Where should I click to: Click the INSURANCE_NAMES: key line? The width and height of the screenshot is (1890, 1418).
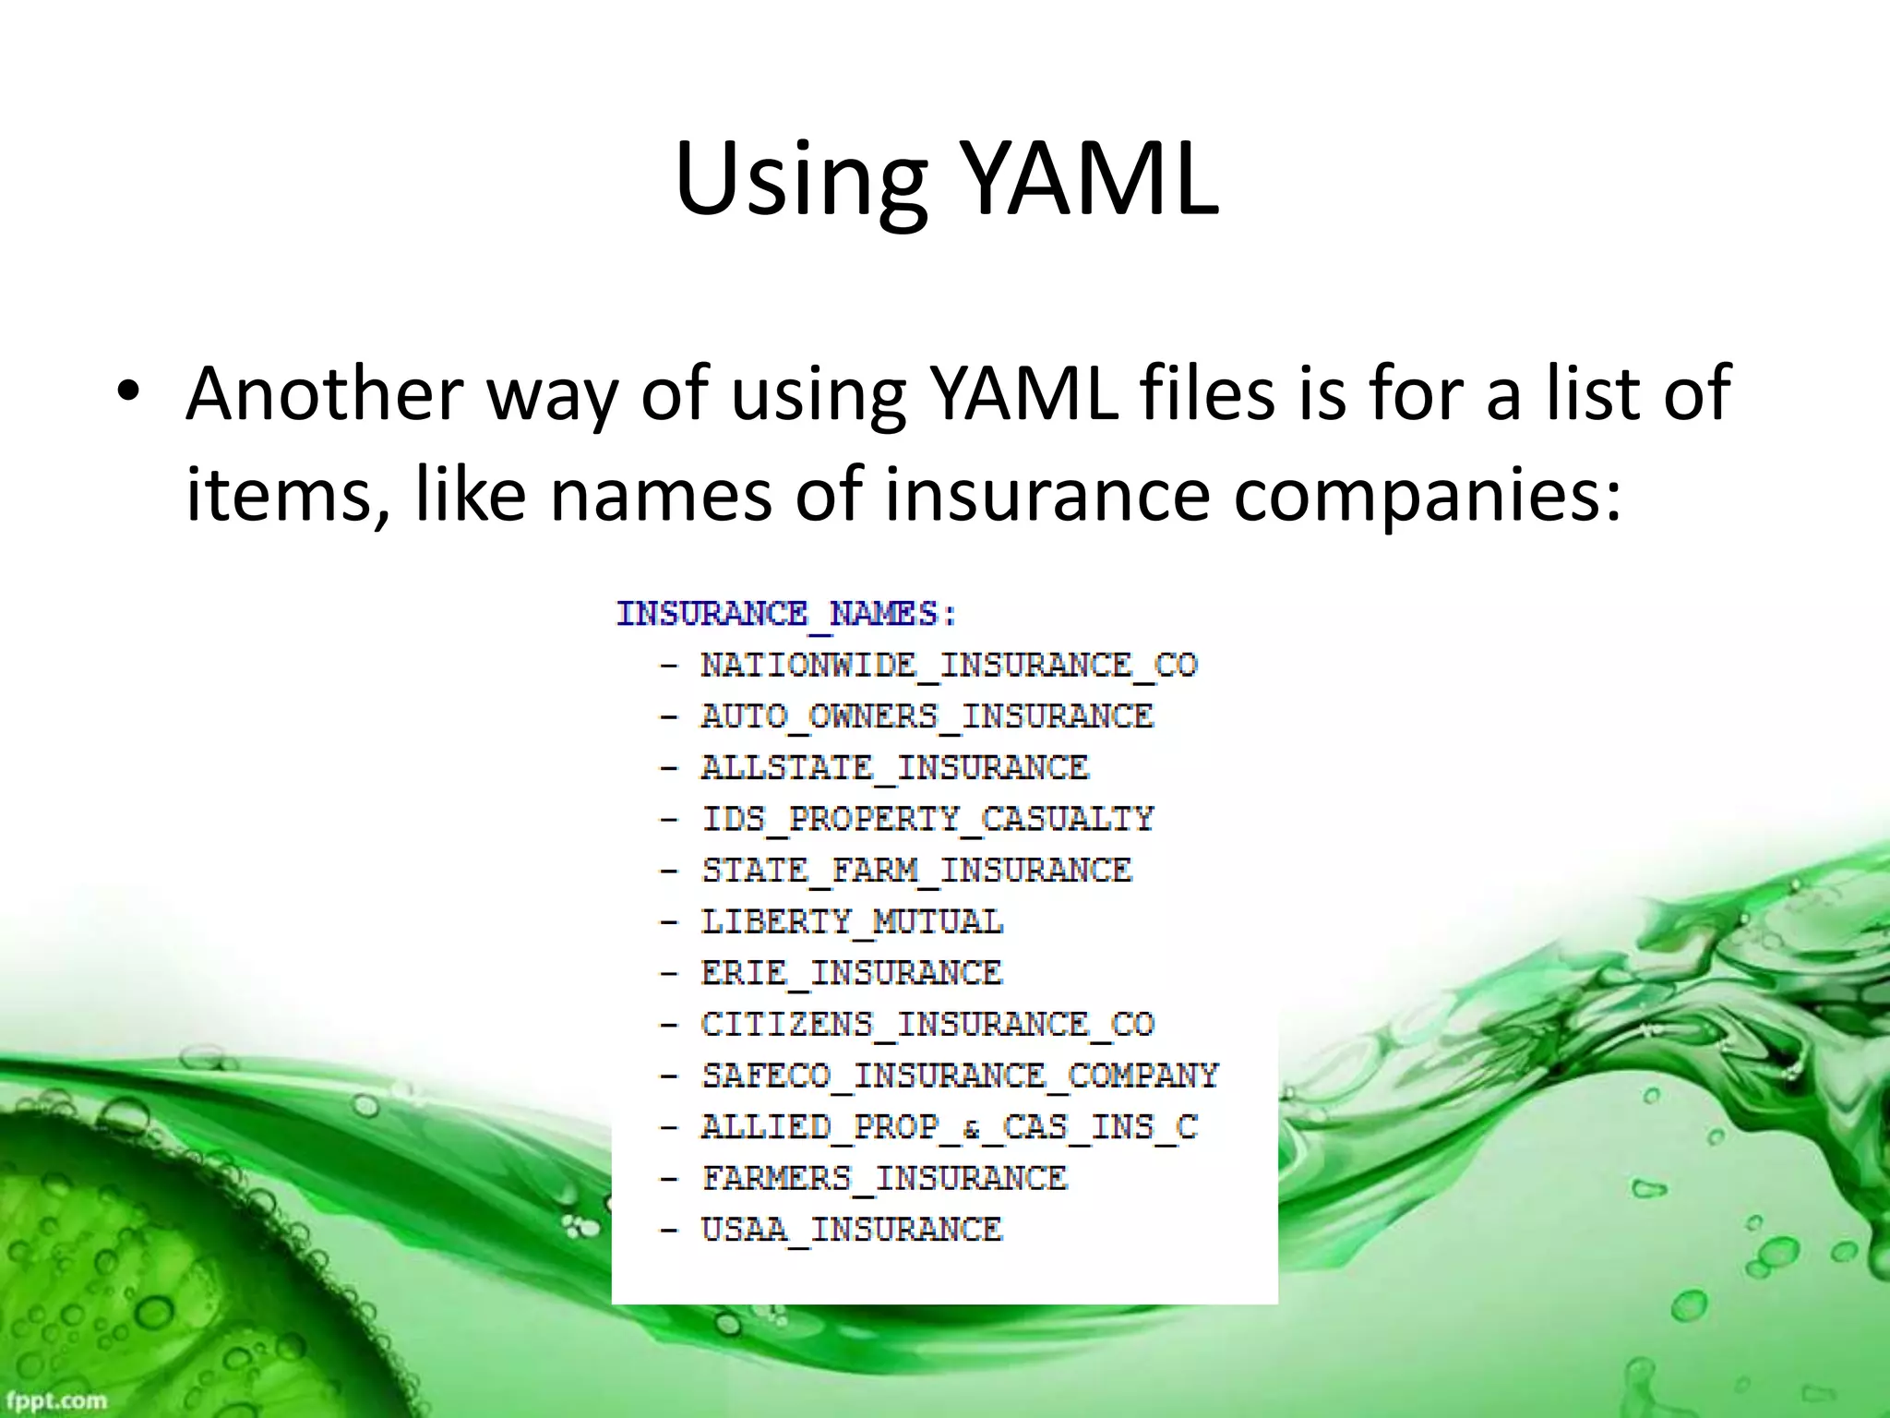point(787,614)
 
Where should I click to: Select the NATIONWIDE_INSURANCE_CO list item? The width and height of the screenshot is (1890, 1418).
point(949,666)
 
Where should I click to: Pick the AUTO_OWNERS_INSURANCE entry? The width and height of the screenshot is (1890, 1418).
point(927,716)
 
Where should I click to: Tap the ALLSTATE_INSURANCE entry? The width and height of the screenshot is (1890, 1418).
point(894,768)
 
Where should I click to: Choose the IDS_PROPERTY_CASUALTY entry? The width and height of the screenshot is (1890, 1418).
point(927,819)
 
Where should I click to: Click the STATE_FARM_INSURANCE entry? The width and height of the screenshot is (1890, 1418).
point(916,871)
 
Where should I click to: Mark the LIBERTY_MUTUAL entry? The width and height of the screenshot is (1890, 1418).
point(852,921)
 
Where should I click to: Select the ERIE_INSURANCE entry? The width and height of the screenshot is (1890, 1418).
point(851,973)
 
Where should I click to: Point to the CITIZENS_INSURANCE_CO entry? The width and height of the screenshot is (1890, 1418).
point(927,1024)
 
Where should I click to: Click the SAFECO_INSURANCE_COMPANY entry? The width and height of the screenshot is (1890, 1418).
point(960,1076)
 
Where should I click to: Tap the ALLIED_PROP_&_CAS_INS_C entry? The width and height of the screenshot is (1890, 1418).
point(949,1127)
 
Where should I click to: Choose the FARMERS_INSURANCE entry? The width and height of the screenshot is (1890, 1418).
point(884,1178)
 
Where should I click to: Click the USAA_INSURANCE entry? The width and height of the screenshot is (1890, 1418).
point(851,1230)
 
